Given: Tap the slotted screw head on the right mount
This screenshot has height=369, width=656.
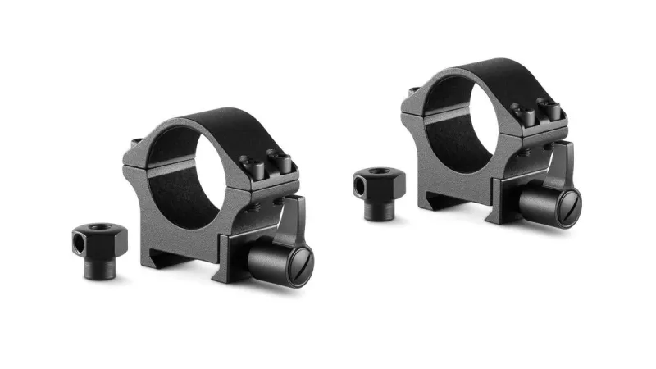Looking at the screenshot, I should [x=564, y=201].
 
